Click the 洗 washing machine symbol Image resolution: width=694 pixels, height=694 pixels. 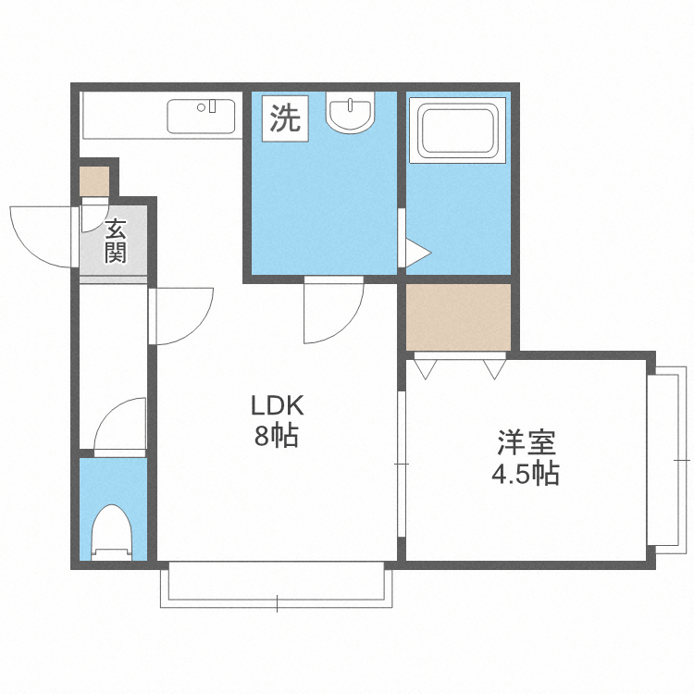285,118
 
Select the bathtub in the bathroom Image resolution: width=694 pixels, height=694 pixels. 458,131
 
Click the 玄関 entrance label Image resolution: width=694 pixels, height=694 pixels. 115,241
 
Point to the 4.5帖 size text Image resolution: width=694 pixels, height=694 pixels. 524,474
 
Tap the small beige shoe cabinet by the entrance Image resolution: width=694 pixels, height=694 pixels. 93,180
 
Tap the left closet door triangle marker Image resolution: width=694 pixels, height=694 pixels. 427,368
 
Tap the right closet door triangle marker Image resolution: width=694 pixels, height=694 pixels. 492,368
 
